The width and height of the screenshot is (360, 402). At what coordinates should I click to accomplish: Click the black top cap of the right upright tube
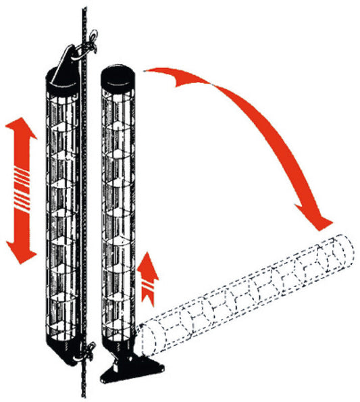(x=118, y=76)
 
